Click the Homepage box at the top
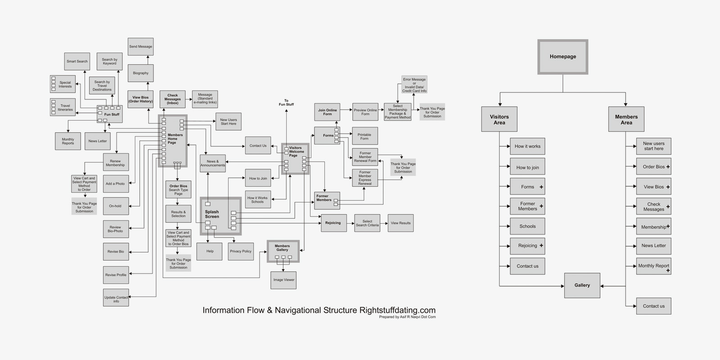(562, 57)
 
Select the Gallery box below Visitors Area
(582, 285)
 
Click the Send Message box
(140, 47)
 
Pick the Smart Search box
(77, 61)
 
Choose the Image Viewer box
(283, 280)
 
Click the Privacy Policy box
(241, 251)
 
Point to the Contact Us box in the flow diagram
(258, 146)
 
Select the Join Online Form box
(327, 112)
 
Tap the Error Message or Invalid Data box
(414, 85)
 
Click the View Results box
(400, 223)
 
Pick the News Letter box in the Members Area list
(653, 246)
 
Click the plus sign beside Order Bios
(668, 167)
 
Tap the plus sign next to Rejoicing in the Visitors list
(541, 246)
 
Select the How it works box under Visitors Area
(527, 146)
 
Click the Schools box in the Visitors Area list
(527, 226)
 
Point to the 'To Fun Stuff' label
(286, 103)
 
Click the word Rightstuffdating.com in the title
(397, 310)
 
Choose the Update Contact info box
(116, 298)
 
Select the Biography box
(140, 73)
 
